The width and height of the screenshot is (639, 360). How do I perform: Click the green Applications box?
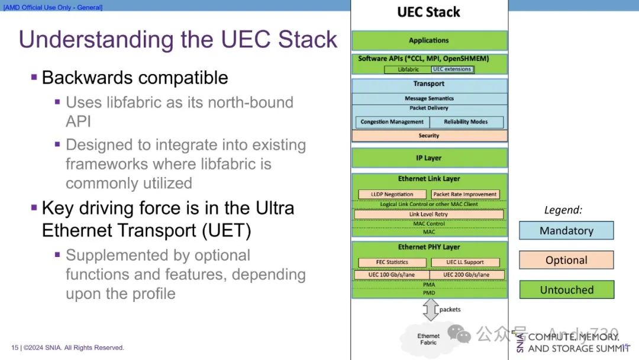429,40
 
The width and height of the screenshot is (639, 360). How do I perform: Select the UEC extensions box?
452,69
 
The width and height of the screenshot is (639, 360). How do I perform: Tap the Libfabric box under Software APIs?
408,69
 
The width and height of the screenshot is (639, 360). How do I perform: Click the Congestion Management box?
392,122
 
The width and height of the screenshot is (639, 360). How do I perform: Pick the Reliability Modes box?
466,122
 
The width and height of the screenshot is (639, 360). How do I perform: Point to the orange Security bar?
429,136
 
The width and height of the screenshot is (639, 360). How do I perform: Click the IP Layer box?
429,158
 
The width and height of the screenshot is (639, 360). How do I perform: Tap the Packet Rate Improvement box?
465,194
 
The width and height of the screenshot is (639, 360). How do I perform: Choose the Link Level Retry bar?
429,214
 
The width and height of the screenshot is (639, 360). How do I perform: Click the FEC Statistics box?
392,262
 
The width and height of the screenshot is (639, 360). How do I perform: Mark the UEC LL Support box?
465,262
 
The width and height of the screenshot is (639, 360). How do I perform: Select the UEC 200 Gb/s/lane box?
466,275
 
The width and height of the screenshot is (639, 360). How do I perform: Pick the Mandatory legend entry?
566,230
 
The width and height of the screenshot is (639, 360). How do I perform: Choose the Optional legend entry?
566,260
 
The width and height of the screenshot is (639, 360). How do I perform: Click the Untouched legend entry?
566,290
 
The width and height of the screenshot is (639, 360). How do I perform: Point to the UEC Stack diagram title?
429,12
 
